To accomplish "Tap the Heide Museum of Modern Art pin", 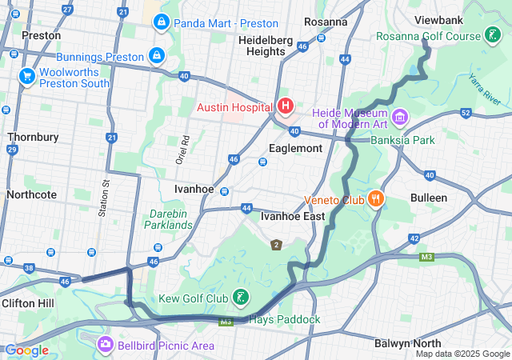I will click(x=400, y=118).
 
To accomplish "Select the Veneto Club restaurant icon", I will click(x=375, y=199).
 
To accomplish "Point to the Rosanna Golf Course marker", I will click(x=493, y=36).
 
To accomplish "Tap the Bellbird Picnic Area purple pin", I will click(x=106, y=345).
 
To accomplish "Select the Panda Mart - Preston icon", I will click(x=162, y=22).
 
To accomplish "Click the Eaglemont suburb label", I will click(x=295, y=148).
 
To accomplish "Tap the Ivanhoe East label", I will click(x=293, y=215).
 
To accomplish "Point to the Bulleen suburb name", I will click(x=429, y=197).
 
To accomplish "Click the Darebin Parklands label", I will click(x=171, y=219).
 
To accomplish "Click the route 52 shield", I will click(x=466, y=113).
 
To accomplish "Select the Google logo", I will click(x=26, y=350).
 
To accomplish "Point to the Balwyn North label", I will click(x=410, y=342).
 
